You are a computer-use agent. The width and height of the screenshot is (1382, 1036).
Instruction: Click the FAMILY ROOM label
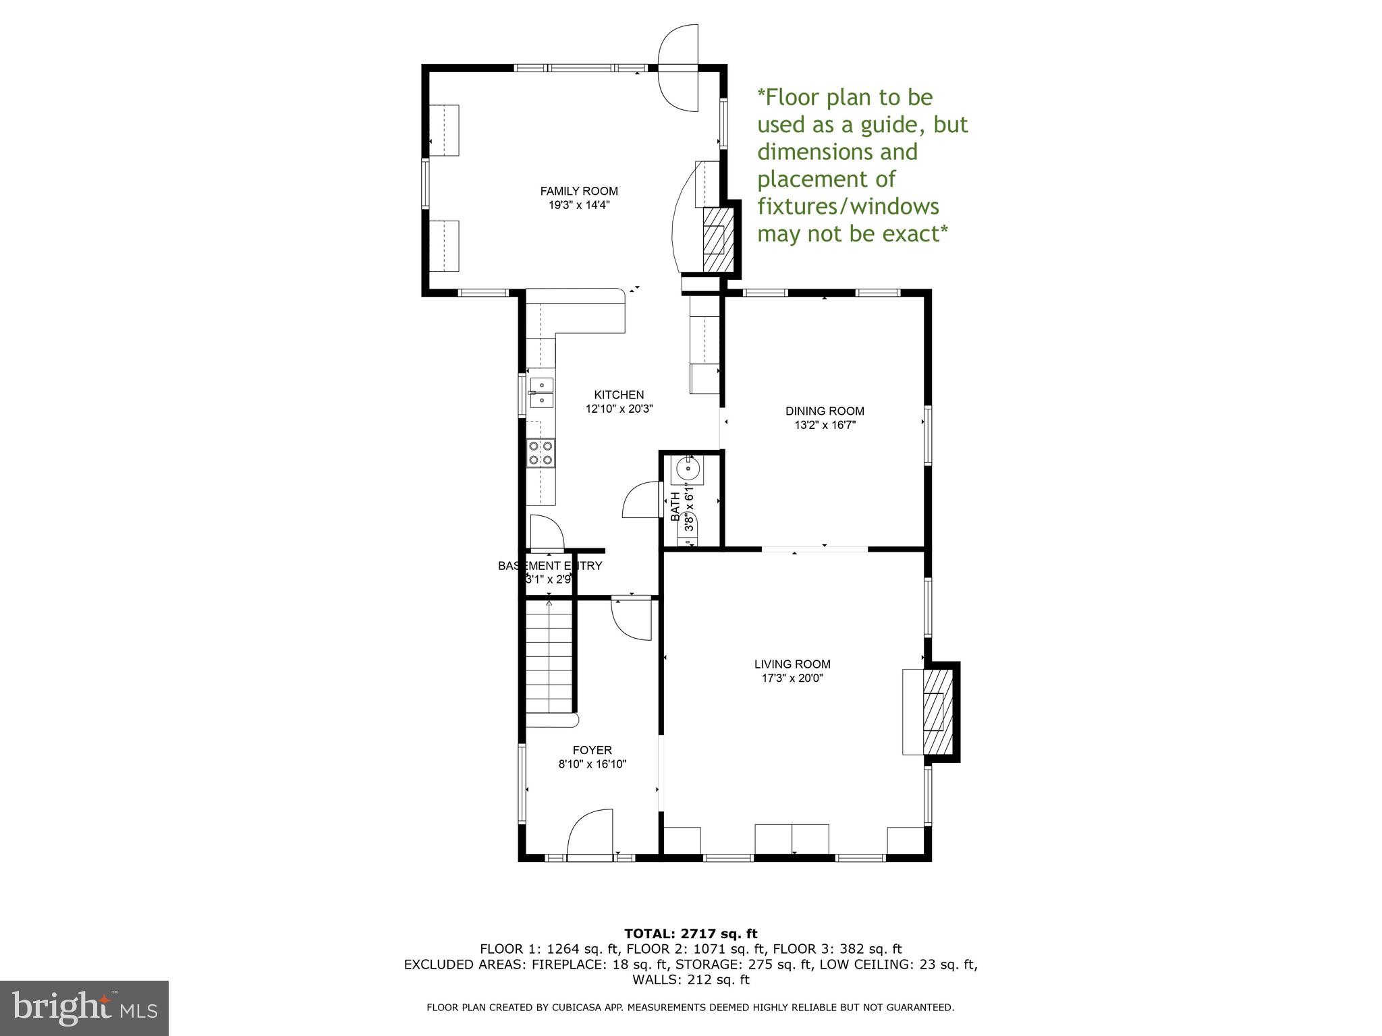pos(579,192)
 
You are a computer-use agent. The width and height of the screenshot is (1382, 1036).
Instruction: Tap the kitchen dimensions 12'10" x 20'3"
pos(619,409)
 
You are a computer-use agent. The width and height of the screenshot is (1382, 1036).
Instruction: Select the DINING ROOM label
pos(825,411)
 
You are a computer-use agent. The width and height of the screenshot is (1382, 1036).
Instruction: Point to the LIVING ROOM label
pos(792,664)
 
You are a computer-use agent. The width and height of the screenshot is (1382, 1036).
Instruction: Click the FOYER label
pos(592,750)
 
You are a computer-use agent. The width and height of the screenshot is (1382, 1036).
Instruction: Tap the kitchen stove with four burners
pos(541,453)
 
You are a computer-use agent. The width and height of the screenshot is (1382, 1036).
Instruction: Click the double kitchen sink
pos(541,393)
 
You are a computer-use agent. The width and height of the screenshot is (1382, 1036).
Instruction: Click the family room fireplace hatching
pos(717,239)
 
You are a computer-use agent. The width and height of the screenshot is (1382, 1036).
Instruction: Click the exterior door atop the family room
pos(678,67)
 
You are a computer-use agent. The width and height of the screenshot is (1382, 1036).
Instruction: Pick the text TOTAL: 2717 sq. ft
pos(690,934)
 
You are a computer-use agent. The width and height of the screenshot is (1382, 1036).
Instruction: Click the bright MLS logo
pos(84,1008)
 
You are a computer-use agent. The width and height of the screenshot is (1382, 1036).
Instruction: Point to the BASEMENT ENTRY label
pos(549,566)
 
